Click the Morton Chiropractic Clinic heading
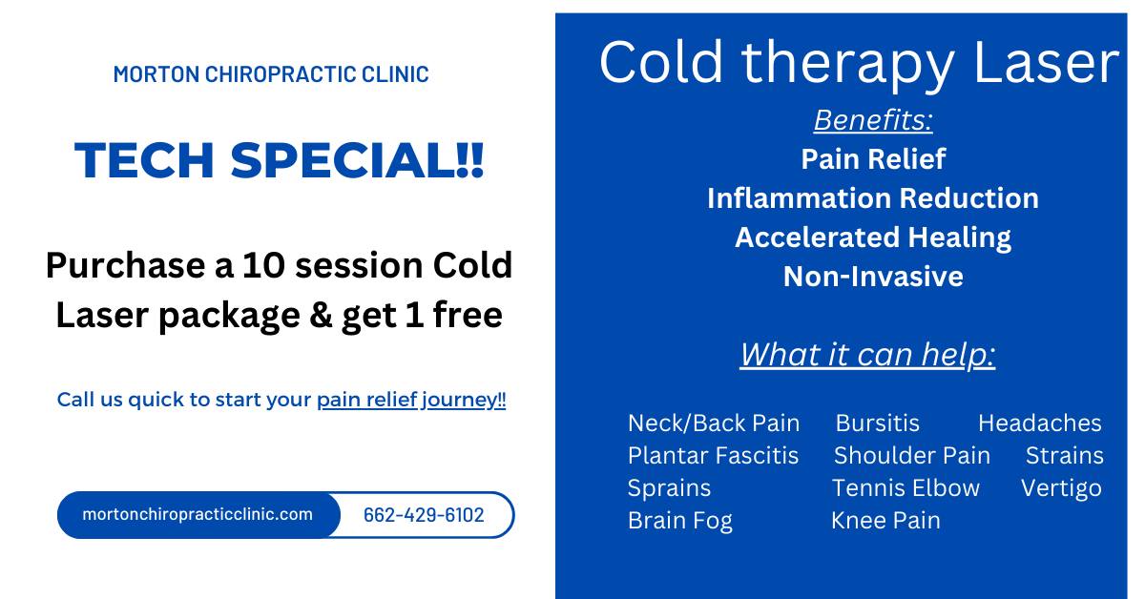pos(271,74)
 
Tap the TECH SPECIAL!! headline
pos(279,160)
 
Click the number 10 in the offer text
pos(263,265)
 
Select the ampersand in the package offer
pos(321,315)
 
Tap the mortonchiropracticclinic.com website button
pos(198,514)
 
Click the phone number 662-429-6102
pos(424,515)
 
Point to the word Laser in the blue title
pos(1047,63)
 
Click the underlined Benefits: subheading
pos(873,120)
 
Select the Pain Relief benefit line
pos(873,158)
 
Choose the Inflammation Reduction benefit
pos(873,197)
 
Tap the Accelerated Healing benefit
pos(873,238)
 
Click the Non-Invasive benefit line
pos(873,277)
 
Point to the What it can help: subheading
pos(868,354)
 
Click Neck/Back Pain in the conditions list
pos(714,423)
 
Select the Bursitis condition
pos(878,423)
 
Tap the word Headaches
pos(1040,423)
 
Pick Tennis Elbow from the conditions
pos(906,488)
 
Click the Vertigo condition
pos(1061,488)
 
